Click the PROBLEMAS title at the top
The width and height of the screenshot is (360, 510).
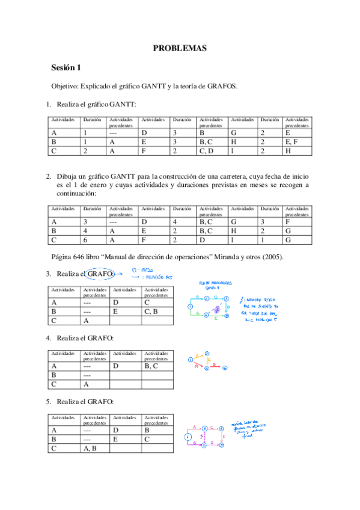[x=180, y=48]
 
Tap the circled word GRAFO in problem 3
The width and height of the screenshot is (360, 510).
[x=100, y=274]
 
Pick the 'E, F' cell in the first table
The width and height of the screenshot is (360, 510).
[x=291, y=143]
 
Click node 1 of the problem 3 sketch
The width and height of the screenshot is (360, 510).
[x=189, y=307]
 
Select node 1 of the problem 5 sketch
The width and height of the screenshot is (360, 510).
[x=188, y=437]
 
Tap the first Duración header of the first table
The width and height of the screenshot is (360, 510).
[x=92, y=120]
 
